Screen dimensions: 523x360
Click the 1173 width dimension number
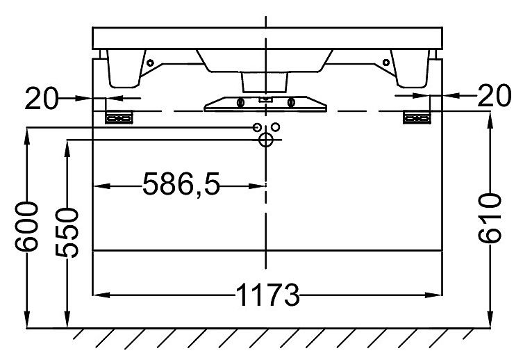pyautogui.click(x=267, y=295)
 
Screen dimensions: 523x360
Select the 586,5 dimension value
pyautogui.click(x=181, y=184)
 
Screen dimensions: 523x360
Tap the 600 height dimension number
pyautogui.click(x=26, y=226)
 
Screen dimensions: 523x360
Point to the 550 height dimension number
pyautogui.click(x=67, y=233)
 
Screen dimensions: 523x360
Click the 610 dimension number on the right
pyautogui.click(x=490, y=218)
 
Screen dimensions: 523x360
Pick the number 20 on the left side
pyautogui.click(x=42, y=98)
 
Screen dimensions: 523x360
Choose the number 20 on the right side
pyautogui.click(x=495, y=95)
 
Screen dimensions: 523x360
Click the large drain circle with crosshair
pyautogui.click(x=266, y=140)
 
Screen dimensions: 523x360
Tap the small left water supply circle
pyautogui.click(x=257, y=127)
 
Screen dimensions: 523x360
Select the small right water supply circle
pyautogui.click(x=276, y=126)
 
